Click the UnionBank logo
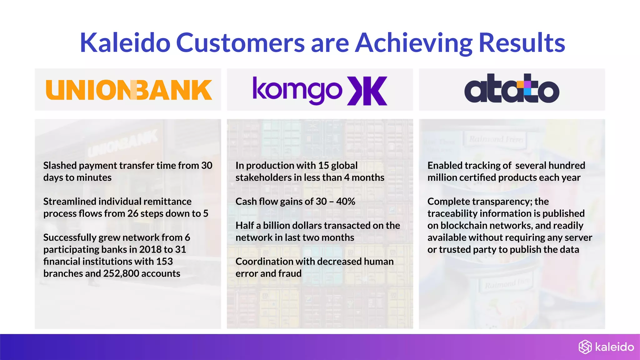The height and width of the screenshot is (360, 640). (x=129, y=90)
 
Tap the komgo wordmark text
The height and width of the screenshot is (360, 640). (x=297, y=91)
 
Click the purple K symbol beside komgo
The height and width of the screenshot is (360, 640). (x=367, y=91)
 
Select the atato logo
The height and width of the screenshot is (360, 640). (x=512, y=89)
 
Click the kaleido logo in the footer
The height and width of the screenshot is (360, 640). (x=606, y=347)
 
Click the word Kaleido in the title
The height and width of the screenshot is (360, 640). (x=125, y=43)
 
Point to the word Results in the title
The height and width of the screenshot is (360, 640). (x=522, y=43)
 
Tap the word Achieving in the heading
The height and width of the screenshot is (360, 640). (x=414, y=43)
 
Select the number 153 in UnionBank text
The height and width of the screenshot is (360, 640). (x=164, y=262)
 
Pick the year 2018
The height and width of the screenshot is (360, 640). (x=150, y=249)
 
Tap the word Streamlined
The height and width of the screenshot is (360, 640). (x=70, y=202)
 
